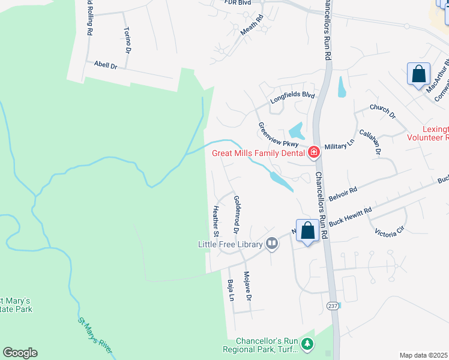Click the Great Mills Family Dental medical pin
(x=313, y=153)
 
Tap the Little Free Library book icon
(x=272, y=244)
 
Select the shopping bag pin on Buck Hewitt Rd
(x=307, y=231)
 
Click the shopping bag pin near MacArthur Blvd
(x=418, y=75)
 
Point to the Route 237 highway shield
(x=333, y=305)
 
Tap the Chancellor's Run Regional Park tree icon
(x=307, y=343)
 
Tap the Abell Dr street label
(x=105, y=65)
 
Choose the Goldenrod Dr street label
(x=237, y=214)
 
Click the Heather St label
(x=215, y=220)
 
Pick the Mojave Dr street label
(x=247, y=286)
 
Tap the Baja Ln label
(x=230, y=290)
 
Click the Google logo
(x=20, y=353)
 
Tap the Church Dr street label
(x=382, y=111)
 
